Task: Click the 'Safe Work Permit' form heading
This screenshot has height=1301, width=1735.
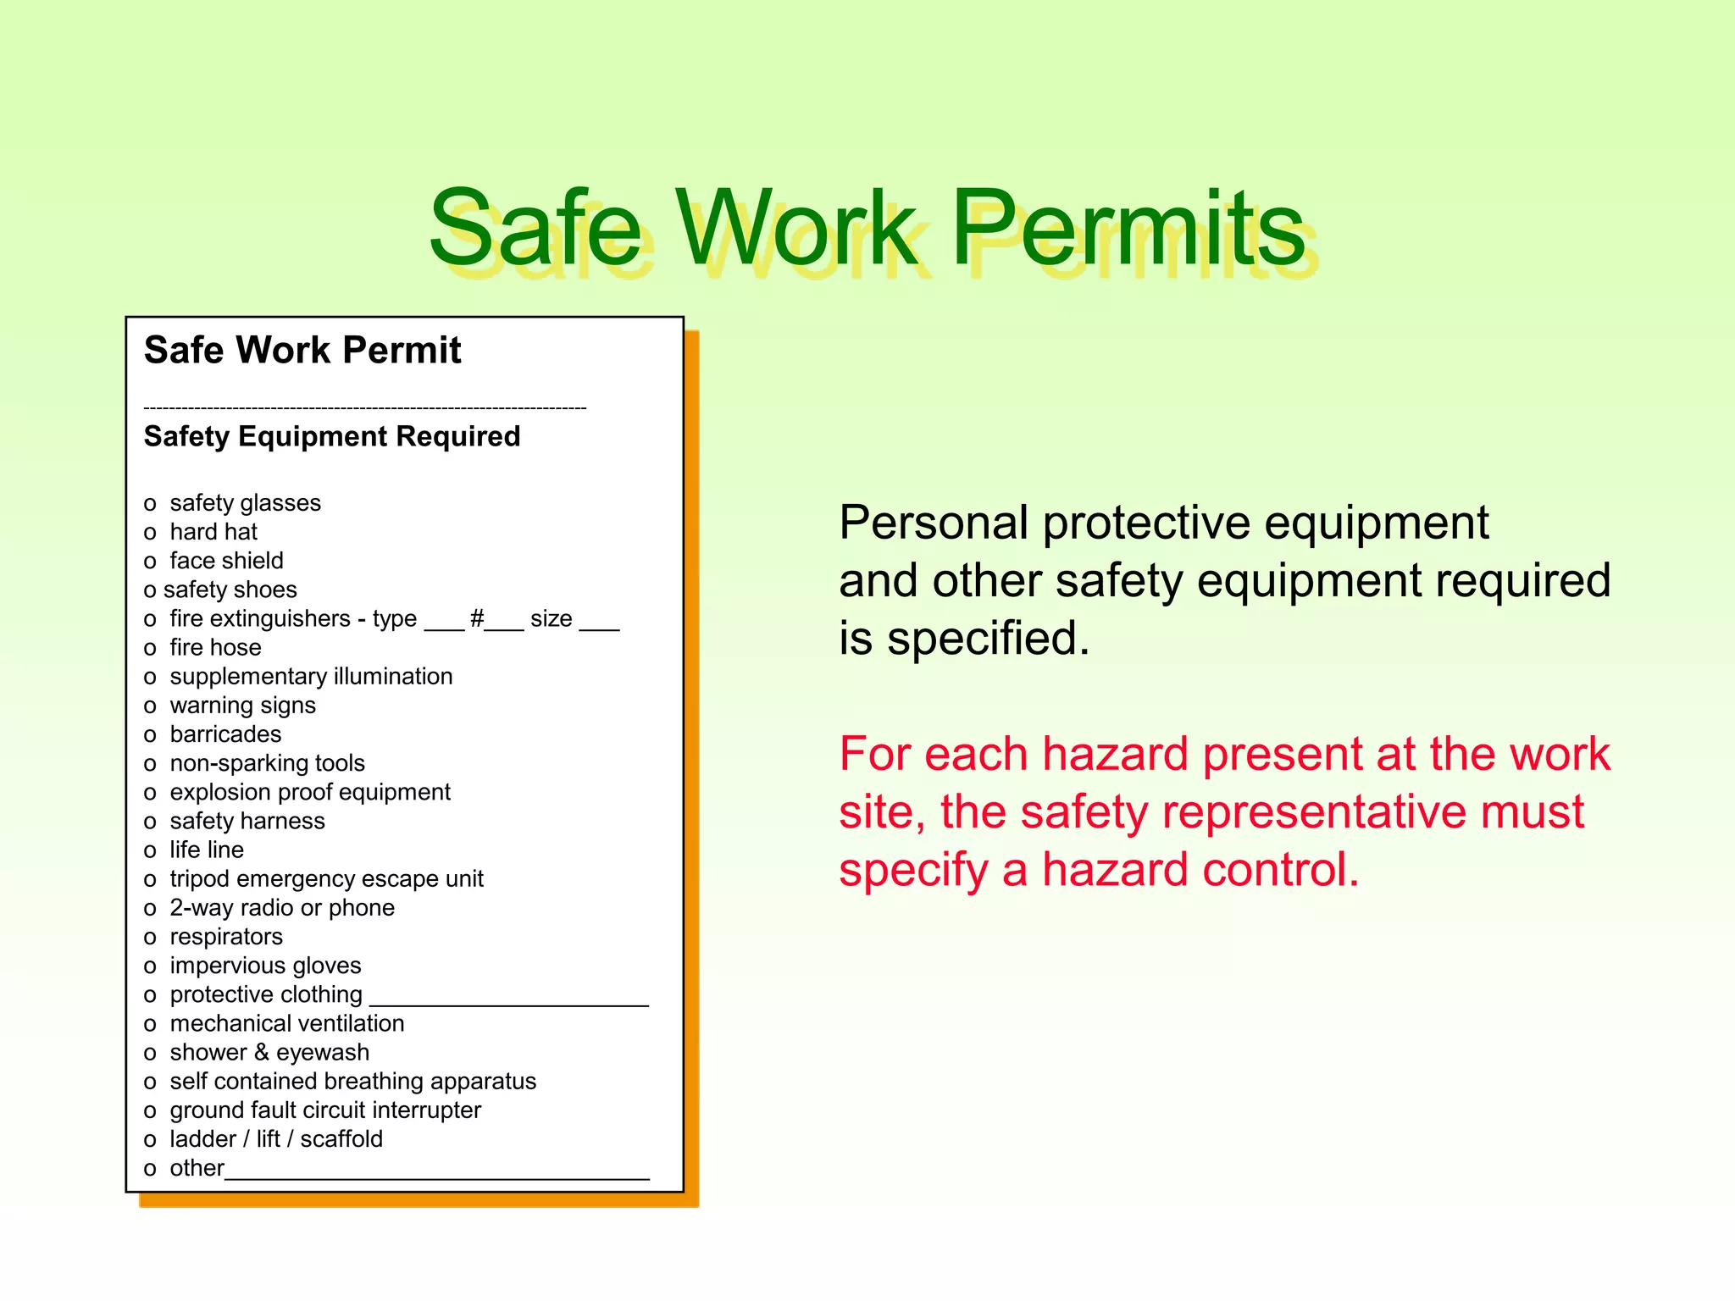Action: click(302, 351)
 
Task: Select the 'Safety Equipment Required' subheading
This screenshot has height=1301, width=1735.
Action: click(332, 437)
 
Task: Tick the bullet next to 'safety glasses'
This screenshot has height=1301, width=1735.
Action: click(150, 505)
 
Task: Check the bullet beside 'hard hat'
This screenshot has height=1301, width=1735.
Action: click(150, 534)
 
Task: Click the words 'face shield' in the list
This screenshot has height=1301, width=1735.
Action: click(226, 561)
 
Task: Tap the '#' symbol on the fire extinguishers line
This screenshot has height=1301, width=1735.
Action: click(477, 618)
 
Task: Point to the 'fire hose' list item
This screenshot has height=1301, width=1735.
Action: click(215, 648)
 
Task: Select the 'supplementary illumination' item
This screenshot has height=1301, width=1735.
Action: click(311, 677)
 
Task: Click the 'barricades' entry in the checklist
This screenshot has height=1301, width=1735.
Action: click(225, 734)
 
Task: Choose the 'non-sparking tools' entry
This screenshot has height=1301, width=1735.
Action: click(267, 763)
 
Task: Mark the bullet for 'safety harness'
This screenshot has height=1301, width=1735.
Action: click(150, 822)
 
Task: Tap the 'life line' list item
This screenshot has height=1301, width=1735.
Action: click(207, 850)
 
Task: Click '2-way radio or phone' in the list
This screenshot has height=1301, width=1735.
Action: click(282, 908)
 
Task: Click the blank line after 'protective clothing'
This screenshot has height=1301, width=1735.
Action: click(508, 1003)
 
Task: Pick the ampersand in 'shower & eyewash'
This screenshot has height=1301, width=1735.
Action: click(261, 1053)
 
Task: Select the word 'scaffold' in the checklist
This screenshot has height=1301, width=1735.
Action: click(341, 1139)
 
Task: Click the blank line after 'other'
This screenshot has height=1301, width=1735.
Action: click(436, 1176)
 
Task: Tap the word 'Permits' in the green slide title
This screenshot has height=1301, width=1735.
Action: click(1128, 229)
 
